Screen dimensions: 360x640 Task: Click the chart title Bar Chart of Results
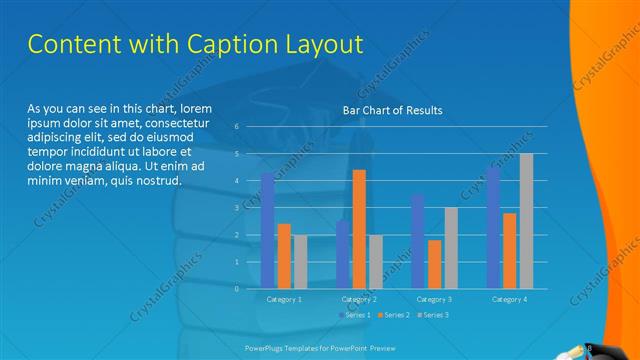(392, 110)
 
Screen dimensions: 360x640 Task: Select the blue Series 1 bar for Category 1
(268, 231)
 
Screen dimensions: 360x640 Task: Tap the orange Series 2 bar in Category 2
(359, 229)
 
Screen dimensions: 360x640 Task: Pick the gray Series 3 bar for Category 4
(526, 221)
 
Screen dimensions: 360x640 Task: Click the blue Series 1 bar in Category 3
(418, 241)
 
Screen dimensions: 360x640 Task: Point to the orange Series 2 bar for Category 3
(434, 264)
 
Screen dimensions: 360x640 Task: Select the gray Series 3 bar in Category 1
(300, 262)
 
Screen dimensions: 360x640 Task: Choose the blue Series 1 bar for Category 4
(493, 227)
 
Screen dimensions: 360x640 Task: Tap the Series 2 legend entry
(393, 315)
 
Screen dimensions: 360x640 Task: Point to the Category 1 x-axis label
(284, 299)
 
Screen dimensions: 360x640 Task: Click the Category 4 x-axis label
(510, 299)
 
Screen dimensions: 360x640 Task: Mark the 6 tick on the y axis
(236, 127)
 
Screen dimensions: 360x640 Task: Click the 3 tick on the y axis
(236, 208)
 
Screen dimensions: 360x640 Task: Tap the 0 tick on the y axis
(236, 288)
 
